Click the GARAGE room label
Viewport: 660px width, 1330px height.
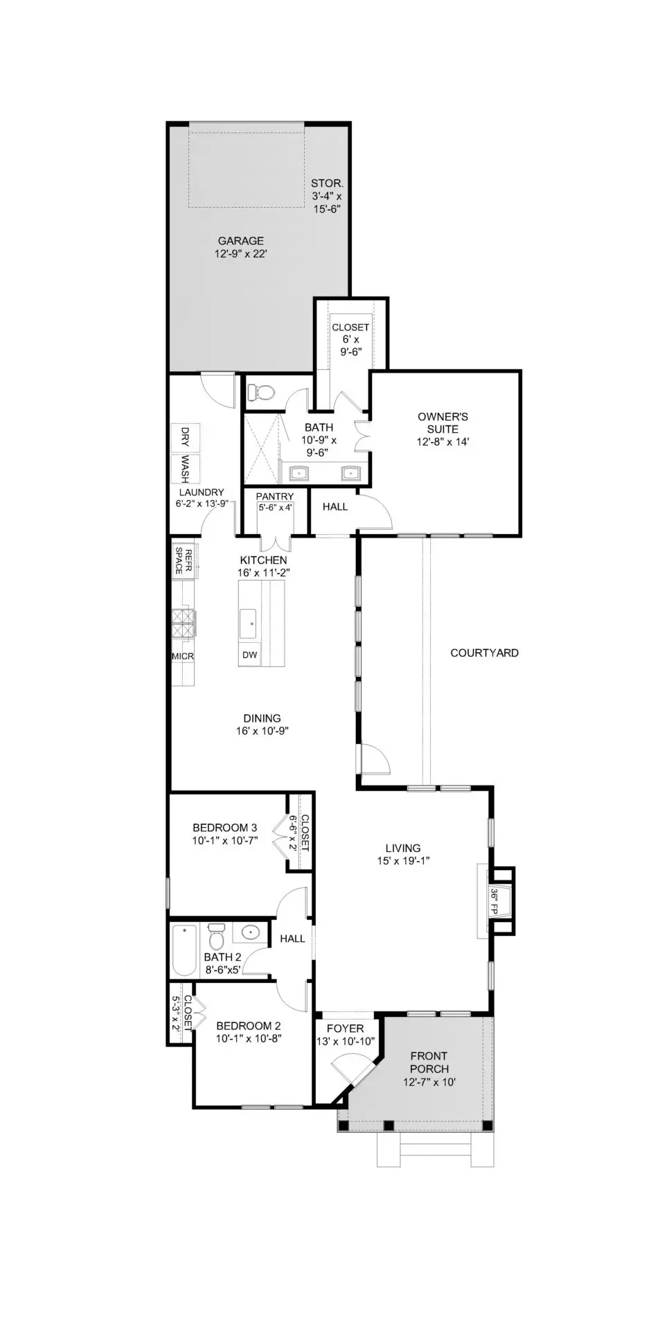click(x=240, y=241)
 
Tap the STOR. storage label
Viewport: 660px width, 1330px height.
click(x=327, y=184)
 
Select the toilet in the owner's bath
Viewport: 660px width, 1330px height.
click(x=261, y=393)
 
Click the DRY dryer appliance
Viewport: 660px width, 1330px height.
click(x=185, y=437)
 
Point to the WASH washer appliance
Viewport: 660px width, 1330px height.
click(x=185, y=468)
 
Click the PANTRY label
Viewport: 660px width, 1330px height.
click(x=275, y=497)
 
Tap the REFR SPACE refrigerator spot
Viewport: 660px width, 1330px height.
click(x=185, y=560)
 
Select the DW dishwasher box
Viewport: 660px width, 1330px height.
click(x=249, y=655)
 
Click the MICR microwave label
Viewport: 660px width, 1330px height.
click(x=183, y=656)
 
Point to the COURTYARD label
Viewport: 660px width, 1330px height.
click(x=484, y=653)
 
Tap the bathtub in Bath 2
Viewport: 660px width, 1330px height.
click(x=185, y=950)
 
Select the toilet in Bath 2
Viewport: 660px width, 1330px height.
click(x=216, y=936)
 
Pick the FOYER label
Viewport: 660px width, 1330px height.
click(x=345, y=1029)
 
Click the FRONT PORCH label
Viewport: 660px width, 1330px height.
click(x=429, y=1063)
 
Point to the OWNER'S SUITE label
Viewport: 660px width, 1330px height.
click(x=443, y=423)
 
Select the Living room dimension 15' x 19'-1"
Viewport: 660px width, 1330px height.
click(x=403, y=860)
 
